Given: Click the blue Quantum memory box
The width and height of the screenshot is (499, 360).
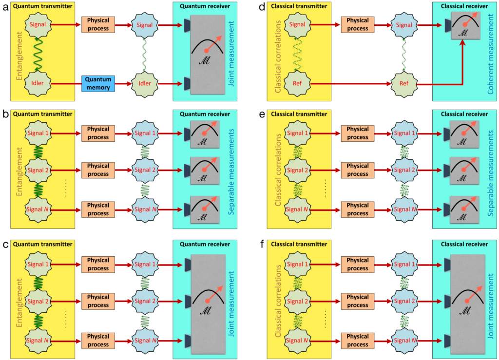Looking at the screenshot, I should (x=98, y=83).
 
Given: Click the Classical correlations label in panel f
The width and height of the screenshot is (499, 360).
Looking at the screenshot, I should (x=279, y=302).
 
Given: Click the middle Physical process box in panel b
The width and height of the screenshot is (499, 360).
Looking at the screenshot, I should (x=98, y=170).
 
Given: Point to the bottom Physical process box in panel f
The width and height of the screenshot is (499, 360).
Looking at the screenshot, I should (x=358, y=341).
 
